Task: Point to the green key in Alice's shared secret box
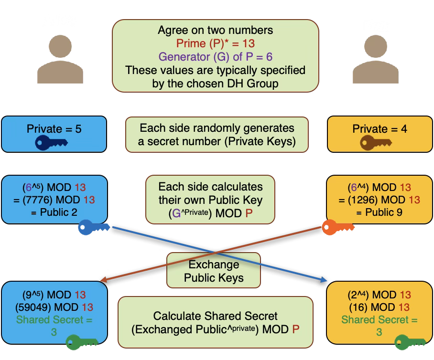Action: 81,342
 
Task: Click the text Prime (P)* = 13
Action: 215,44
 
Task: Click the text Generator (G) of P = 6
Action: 215,57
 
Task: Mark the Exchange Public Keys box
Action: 213,271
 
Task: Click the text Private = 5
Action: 54,129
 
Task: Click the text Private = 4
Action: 380,129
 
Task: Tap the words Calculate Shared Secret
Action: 215,316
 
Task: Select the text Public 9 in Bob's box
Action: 386,212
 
